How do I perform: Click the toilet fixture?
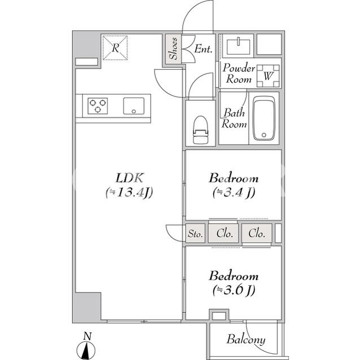[x=201, y=130]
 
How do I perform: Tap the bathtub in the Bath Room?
[x=264, y=118]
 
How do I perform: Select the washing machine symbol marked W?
[x=268, y=76]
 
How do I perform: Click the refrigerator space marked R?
[x=115, y=48]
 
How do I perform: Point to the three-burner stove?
[x=98, y=106]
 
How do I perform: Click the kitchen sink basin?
[x=134, y=106]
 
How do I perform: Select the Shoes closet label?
[x=173, y=49]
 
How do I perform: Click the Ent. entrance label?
[x=203, y=49]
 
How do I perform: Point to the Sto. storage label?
[x=195, y=234]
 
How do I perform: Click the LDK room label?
[x=130, y=178]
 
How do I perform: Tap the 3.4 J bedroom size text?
[x=234, y=193]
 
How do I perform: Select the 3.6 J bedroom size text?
[x=234, y=290]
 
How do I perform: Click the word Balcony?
[x=246, y=340]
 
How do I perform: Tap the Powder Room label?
[x=239, y=74]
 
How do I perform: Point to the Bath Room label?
[x=234, y=118]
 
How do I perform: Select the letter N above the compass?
[x=87, y=336]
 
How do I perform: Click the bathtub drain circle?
[x=264, y=135]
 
